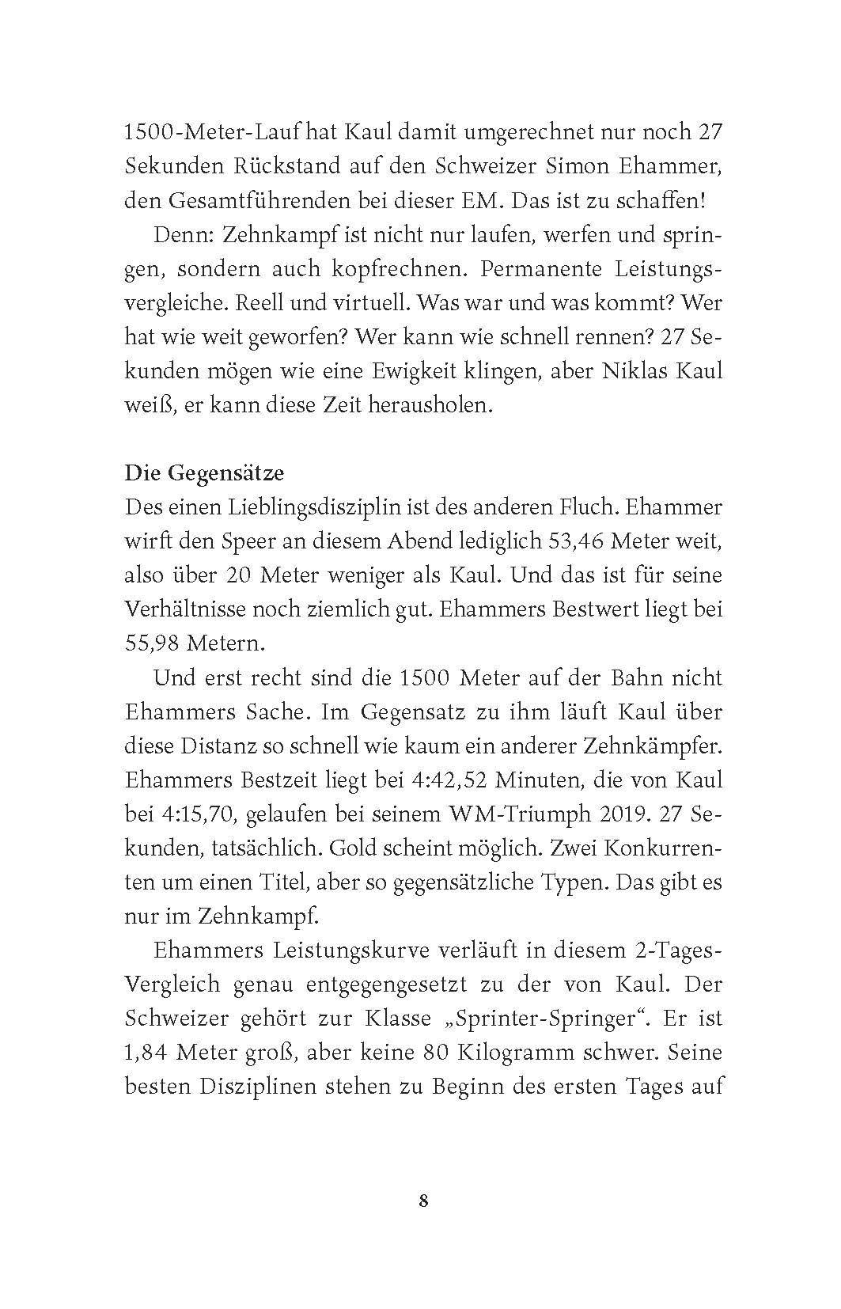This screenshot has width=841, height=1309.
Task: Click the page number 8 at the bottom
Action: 423,1201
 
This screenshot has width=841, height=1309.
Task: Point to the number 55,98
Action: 152,643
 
